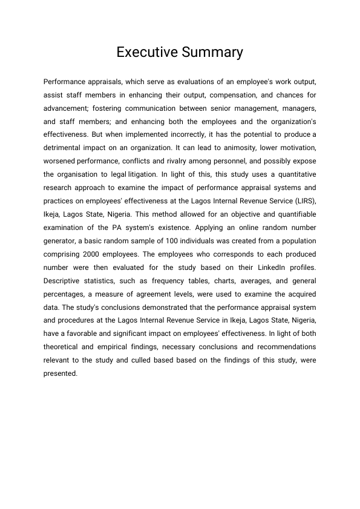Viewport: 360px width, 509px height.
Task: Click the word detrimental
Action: (66, 148)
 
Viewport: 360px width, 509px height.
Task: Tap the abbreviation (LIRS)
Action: (302, 200)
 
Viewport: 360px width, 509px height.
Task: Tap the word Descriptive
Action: (65, 280)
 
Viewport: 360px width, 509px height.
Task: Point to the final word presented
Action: (61, 373)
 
